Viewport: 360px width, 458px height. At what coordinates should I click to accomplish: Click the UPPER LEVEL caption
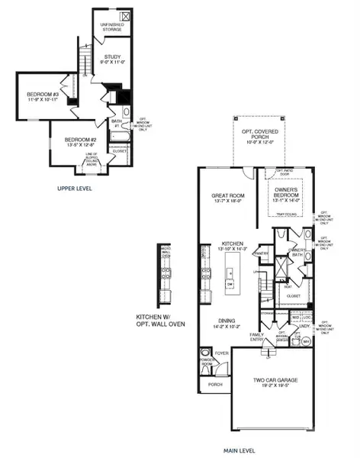point(75,187)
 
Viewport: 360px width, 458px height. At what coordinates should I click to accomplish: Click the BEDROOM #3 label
point(33,97)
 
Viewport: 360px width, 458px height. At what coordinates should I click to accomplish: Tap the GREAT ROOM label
point(227,198)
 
